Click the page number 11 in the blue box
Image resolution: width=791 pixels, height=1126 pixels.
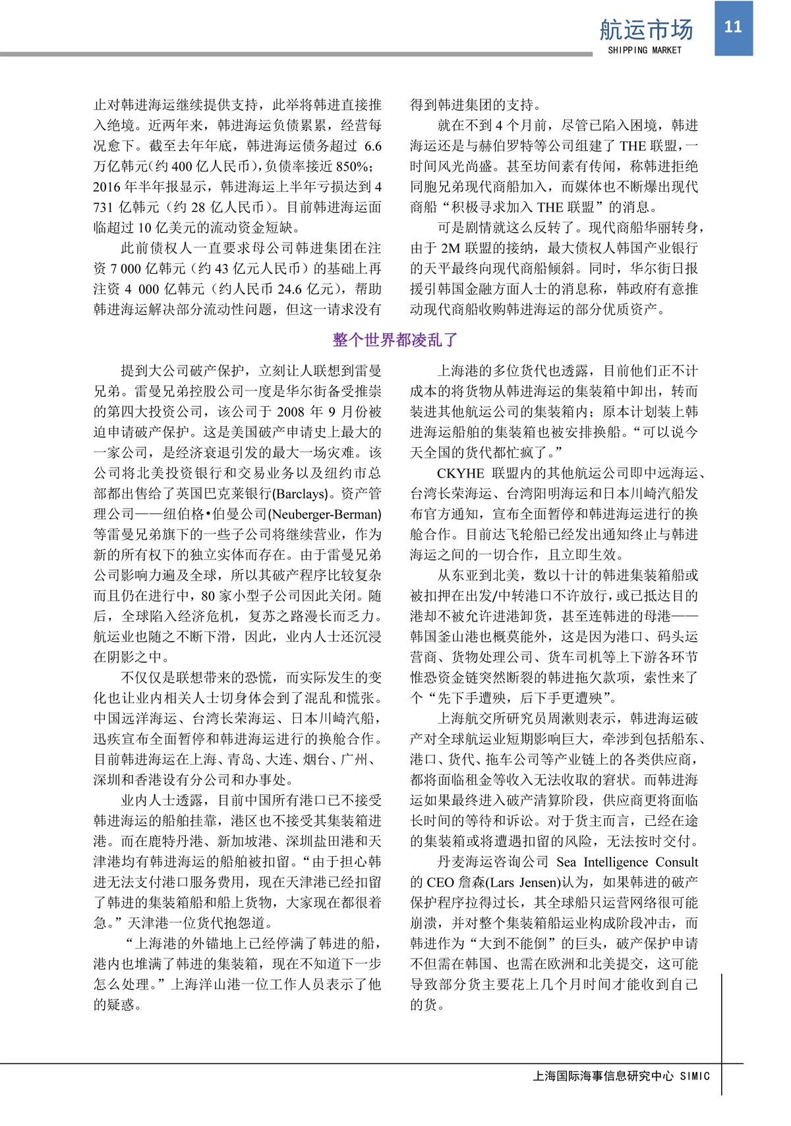point(733,27)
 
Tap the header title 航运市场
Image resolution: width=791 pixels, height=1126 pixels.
point(646,30)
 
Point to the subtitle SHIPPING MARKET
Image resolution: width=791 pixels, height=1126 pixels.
point(644,50)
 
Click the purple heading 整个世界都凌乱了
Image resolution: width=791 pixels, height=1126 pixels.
point(395,340)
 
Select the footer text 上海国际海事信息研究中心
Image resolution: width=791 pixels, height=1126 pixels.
point(602,1076)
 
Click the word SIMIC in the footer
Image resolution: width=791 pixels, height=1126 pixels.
point(695,1076)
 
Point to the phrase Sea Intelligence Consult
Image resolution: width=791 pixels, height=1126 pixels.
point(627,861)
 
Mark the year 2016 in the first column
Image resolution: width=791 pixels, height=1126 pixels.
point(108,187)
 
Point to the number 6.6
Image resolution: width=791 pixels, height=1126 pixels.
point(372,146)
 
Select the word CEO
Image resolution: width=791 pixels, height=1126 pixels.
point(440,882)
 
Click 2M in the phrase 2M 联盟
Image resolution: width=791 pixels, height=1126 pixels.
point(450,248)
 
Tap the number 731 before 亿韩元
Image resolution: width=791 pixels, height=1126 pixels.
point(104,207)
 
